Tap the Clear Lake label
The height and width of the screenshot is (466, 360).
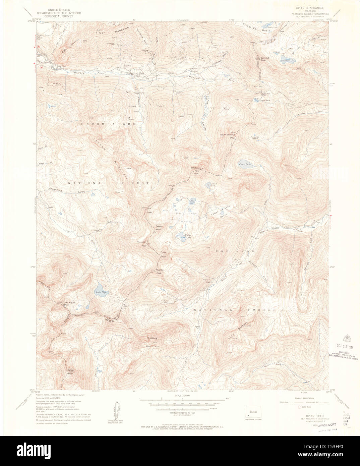pos(245,164)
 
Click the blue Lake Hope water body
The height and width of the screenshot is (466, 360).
pos(100,288)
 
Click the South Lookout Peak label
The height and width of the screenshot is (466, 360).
pos(228,136)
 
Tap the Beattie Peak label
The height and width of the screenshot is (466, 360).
pos(160,272)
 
